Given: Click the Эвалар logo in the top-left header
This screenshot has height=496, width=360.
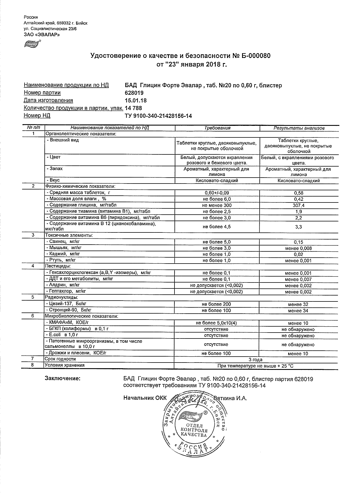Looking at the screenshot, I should click(x=32, y=44).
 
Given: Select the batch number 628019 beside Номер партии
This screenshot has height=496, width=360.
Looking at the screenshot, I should click(x=134, y=93).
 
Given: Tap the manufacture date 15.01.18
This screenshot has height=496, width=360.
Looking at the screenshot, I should click(x=136, y=100).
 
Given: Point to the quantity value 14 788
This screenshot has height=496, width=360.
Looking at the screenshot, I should click(x=133, y=108).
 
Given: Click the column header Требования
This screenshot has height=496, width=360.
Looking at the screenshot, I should click(x=217, y=128).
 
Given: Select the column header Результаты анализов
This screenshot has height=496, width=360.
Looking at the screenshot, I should click(x=299, y=128).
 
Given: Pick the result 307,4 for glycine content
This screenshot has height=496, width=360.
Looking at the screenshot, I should click(x=299, y=206).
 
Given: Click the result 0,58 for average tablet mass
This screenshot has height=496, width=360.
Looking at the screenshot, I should click(x=299, y=193).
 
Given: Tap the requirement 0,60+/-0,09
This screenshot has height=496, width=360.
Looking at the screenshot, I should click(x=217, y=193).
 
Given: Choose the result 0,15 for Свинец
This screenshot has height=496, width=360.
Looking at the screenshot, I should click(x=299, y=242).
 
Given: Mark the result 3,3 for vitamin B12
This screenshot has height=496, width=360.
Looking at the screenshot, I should click(x=299, y=227).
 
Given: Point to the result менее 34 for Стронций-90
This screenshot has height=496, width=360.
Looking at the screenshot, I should click(x=298, y=311).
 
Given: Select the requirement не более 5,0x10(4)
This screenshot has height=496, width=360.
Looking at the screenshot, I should click(x=217, y=323).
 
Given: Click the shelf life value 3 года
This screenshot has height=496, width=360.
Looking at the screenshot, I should click(x=255, y=360).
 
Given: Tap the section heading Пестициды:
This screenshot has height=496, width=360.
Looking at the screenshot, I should click(x=58, y=266).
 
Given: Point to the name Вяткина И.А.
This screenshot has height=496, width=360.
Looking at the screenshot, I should click(x=230, y=398).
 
